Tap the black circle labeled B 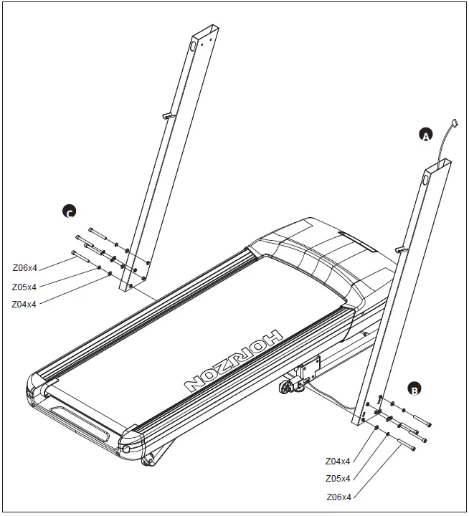(x=414, y=389)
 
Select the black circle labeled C (x=69, y=211)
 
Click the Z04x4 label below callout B (x=338, y=461)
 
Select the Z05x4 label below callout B (x=338, y=478)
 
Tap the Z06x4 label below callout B (x=338, y=496)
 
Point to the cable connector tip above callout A (x=454, y=124)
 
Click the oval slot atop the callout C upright (x=193, y=45)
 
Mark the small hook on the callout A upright (x=400, y=249)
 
